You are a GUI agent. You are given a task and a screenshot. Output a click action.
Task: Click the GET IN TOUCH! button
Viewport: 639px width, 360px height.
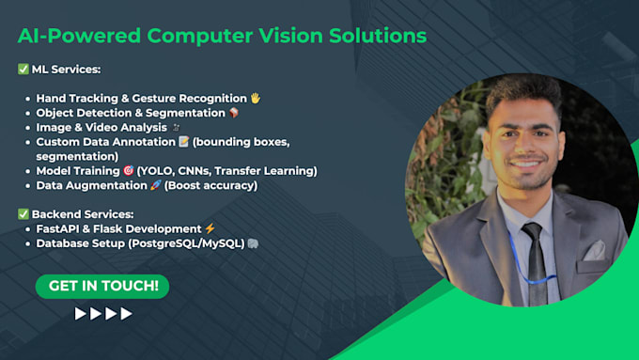(102, 286)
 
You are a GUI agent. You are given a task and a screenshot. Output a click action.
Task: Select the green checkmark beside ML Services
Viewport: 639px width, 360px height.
(23, 69)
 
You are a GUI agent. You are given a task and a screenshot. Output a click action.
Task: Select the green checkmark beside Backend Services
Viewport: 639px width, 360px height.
(23, 214)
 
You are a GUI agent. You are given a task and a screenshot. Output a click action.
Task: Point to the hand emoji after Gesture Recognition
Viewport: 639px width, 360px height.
(256, 98)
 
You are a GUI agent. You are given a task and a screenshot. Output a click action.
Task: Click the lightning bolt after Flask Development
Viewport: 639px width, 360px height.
(210, 228)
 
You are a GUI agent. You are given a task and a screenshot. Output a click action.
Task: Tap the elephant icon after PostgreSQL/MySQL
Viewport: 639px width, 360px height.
(254, 243)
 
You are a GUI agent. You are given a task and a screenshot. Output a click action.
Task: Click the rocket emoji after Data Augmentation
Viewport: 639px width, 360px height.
(156, 185)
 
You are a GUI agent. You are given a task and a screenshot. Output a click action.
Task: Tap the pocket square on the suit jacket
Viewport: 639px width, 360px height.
(593, 250)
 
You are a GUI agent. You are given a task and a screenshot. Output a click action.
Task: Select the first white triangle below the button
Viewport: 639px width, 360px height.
(81, 314)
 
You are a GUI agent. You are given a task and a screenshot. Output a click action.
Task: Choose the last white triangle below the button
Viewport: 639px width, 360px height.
(126, 314)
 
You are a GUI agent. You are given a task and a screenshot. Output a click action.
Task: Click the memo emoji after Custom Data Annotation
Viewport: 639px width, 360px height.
(184, 142)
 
